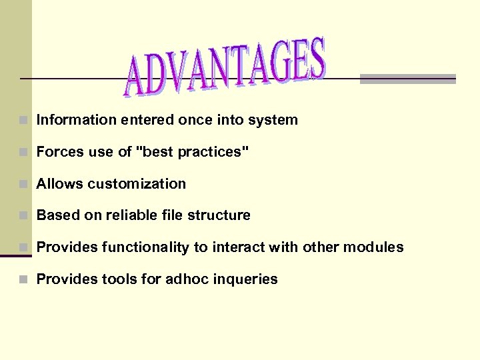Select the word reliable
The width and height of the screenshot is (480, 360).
(131, 215)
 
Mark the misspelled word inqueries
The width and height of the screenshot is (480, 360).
(245, 279)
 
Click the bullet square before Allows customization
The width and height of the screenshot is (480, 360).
(24, 184)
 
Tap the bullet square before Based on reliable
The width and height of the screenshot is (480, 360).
(24, 216)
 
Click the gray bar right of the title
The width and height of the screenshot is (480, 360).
(407, 79)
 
